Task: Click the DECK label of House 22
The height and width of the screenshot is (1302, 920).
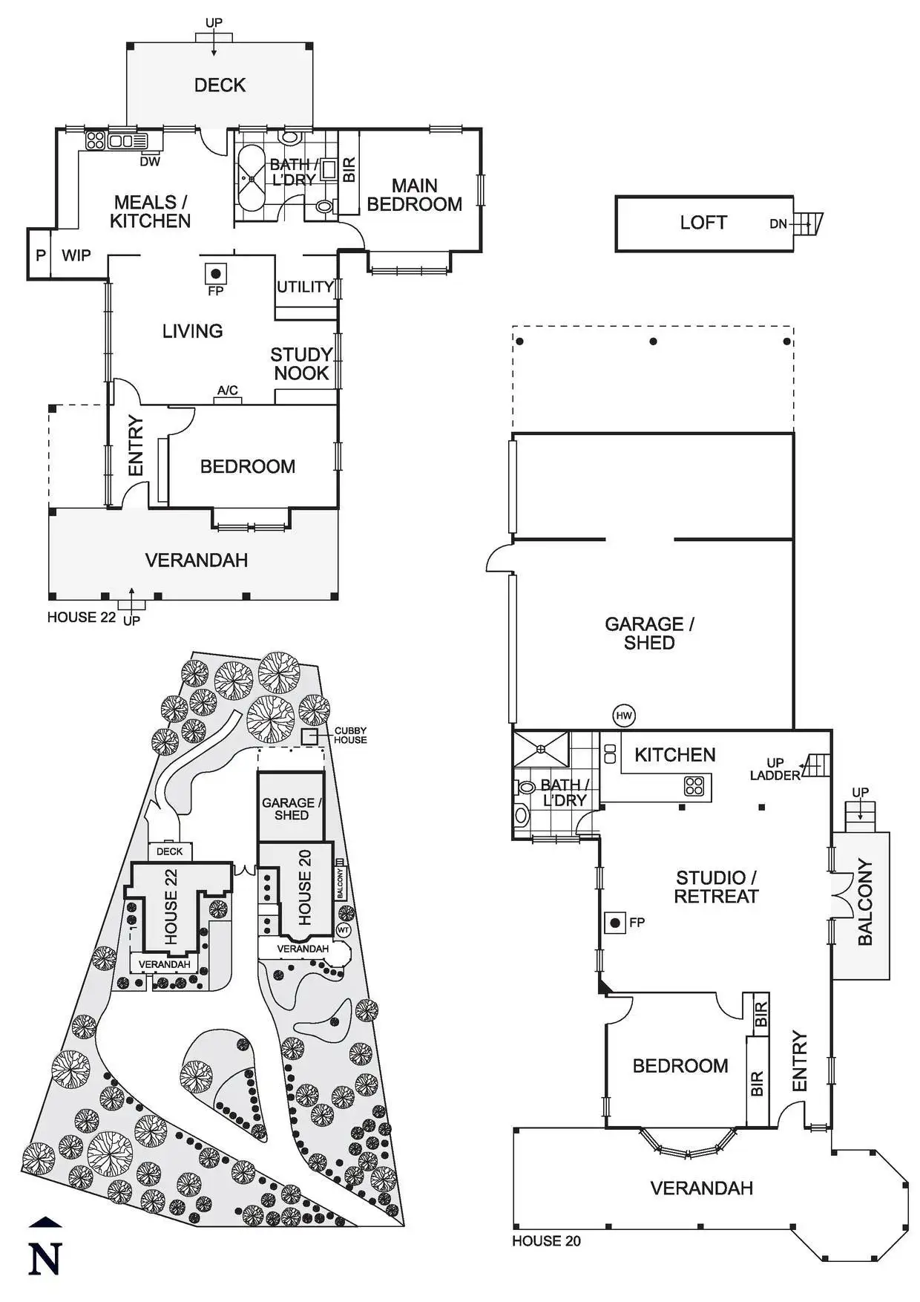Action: click(x=220, y=85)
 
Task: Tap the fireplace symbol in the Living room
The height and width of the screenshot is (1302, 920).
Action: click(x=215, y=273)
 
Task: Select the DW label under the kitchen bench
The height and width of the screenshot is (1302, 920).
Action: click(x=150, y=161)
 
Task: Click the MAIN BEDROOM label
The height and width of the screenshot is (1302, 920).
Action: click(x=415, y=194)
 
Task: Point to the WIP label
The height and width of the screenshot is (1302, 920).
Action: click(x=76, y=255)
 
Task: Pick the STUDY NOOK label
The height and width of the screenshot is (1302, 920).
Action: click(x=301, y=364)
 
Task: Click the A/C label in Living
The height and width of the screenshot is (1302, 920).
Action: click(x=228, y=390)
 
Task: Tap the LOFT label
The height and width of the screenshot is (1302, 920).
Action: click(x=703, y=223)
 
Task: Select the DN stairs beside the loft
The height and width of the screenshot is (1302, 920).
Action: click(x=807, y=223)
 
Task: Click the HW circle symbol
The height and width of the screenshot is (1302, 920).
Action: click(x=625, y=716)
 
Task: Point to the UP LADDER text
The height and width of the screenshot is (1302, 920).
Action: click(x=775, y=769)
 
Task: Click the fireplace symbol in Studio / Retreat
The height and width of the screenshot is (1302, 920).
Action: click(x=615, y=923)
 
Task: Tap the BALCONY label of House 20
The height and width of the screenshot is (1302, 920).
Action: click(x=865, y=902)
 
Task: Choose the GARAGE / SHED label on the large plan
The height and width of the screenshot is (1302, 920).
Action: click(x=649, y=633)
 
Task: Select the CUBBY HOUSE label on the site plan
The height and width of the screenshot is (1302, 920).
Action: click(x=350, y=735)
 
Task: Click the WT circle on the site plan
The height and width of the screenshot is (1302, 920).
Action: click(x=344, y=929)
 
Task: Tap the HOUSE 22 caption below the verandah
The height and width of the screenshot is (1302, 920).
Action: click(x=82, y=617)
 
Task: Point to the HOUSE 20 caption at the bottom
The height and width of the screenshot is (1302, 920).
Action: click(x=547, y=1240)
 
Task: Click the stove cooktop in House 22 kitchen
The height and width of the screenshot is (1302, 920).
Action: click(x=95, y=140)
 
